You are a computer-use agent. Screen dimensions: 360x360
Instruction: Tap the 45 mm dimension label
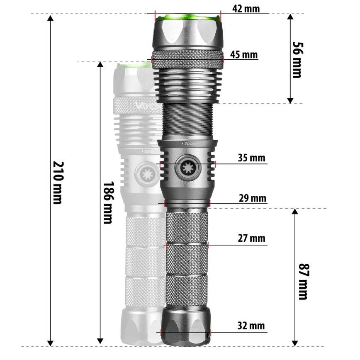pyautogui.click(x=244, y=55)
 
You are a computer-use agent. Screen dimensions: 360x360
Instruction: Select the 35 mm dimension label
pyautogui.click(x=251, y=158)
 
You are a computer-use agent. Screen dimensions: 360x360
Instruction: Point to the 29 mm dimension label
pyautogui.click(x=252, y=198)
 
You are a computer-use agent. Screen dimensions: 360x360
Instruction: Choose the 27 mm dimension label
pyautogui.click(x=251, y=238)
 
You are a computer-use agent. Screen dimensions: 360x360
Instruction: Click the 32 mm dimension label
pyautogui.click(x=251, y=326)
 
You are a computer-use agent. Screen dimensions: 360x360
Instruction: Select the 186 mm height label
pyautogui.click(x=107, y=202)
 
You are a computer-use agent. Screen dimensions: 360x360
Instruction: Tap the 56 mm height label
pyautogui.click(x=297, y=59)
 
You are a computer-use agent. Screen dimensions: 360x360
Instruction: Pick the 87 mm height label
pyautogui.click(x=303, y=281)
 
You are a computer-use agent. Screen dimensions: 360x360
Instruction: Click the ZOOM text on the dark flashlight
pyautogui.click(x=189, y=144)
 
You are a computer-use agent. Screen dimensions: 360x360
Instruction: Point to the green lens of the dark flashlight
pyautogui.click(x=187, y=17)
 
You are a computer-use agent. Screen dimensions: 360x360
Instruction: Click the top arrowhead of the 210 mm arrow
pyautogui.click(x=51, y=19)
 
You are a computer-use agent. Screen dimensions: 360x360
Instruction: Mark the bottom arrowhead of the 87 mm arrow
pyautogui.click(x=295, y=342)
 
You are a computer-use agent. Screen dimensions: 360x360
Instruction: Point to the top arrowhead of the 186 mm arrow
pyautogui.click(x=100, y=65)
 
